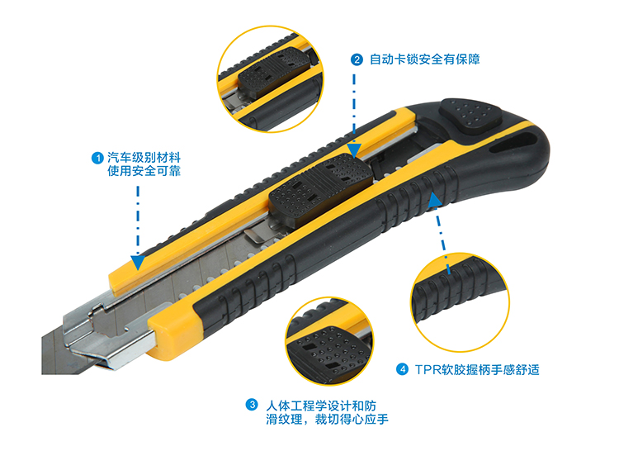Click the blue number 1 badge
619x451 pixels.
click(x=97, y=158)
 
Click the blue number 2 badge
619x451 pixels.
click(x=357, y=59)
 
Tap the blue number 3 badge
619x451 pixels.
click(x=252, y=405)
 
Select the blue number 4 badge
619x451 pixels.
click(x=402, y=370)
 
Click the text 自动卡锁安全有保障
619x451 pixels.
click(x=425, y=59)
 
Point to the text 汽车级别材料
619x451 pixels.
click(x=144, y=158)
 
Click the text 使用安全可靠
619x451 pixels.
click(x=144, y=171)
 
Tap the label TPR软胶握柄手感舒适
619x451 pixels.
click(x=477, y=370)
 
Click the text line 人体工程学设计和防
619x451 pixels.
click(x=321, y=406)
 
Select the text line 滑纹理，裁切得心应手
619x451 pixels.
click(x=328, y=419)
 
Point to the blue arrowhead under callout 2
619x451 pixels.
click(x=354, y=150)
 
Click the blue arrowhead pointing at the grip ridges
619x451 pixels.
click(x=434, y=200)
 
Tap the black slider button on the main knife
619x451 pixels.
click(x=320, y=189)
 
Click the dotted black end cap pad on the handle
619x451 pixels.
click(x=470, y=116)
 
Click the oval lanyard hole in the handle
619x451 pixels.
click(x=513, y=143)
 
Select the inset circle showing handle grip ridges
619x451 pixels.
click(x=460, y=302)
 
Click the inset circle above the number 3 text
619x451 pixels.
click(x=329, y=341)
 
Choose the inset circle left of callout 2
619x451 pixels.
click(x=271, y=79)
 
